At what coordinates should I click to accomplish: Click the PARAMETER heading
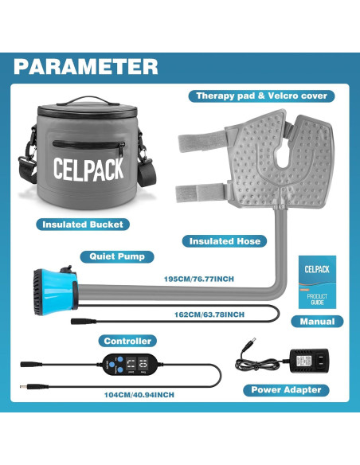[85, 65]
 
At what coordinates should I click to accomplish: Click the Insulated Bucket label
[84, 225]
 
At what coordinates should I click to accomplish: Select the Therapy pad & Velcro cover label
[261, 96]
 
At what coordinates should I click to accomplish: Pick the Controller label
[128, 341]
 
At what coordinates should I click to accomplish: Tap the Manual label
[318, 322]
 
